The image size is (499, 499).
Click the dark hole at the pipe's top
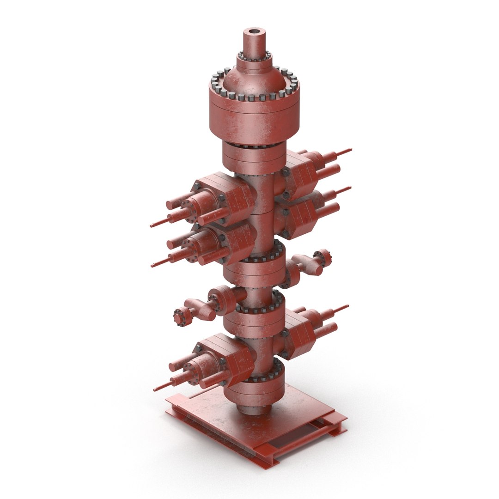(254, 32)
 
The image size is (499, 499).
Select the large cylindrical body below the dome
(254, 116)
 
